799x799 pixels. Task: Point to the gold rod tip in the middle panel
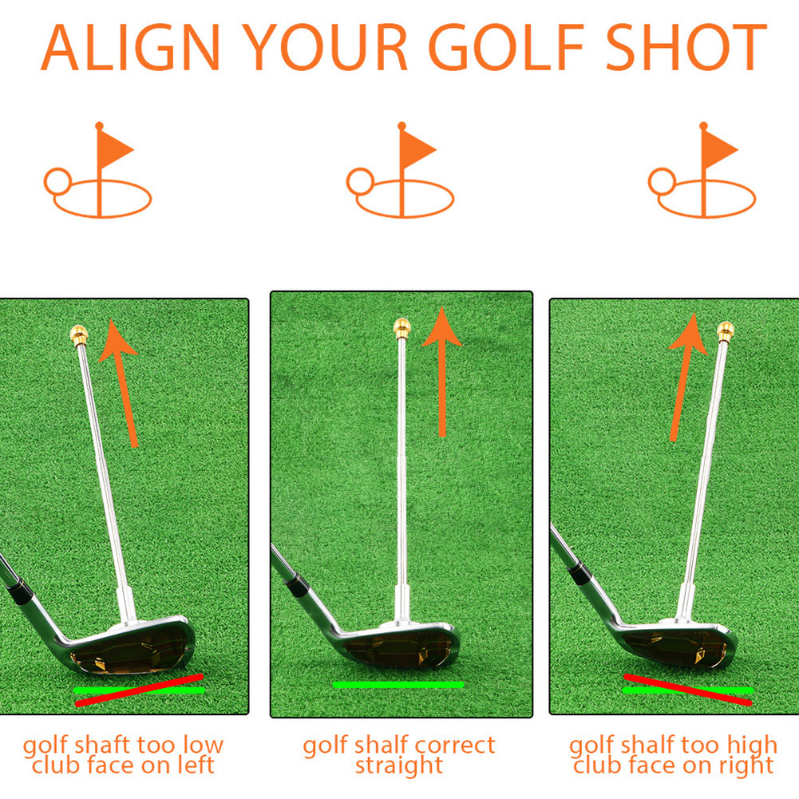401,326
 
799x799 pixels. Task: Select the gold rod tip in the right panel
725,330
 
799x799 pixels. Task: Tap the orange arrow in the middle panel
441,371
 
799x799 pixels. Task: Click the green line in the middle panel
398,685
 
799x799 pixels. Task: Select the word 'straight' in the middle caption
399,766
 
